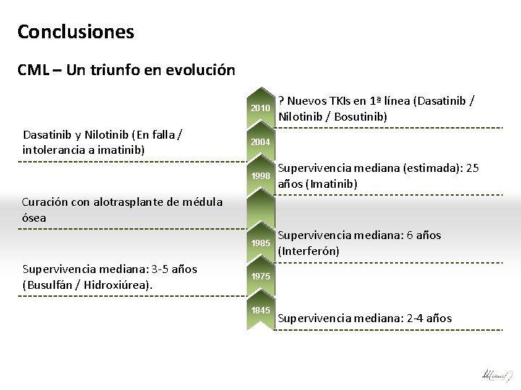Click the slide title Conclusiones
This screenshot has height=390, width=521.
(x=75, y=32)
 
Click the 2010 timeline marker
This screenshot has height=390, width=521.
(x=260, y=108)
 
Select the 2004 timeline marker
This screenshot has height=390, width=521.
(x=260, y=142)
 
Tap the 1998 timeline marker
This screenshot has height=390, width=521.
(x=260, y=176)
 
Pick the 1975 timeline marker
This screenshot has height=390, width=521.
(x=260, y=277)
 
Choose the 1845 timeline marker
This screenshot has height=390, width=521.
(x=260, y=310)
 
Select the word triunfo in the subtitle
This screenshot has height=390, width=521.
(x=115, y=71)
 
